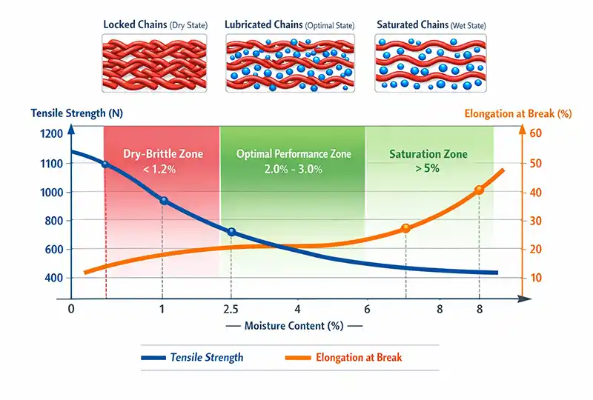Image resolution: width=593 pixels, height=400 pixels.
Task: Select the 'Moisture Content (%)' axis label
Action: (x=294, y=326)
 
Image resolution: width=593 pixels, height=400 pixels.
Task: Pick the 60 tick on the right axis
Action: (x=537, y=133)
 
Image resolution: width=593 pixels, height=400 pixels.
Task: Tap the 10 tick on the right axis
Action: (x=537, y=278)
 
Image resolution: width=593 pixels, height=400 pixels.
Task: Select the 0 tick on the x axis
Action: (x=71, y=307)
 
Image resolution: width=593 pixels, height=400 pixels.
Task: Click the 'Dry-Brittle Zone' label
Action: (x=164, y=154)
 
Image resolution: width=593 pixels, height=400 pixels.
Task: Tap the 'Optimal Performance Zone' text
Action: (x=294, y=154)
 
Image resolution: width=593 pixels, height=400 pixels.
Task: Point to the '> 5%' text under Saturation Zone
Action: (x=428, y=168)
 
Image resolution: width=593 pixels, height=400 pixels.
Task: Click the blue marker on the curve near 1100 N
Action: (x=105, y=164)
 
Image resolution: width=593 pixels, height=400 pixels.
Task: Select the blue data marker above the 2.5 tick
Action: (x=232, y=232)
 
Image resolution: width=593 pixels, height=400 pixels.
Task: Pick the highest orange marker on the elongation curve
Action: (x=479, y=190)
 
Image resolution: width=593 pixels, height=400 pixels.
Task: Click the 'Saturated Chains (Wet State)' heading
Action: (x=430, y=24)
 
